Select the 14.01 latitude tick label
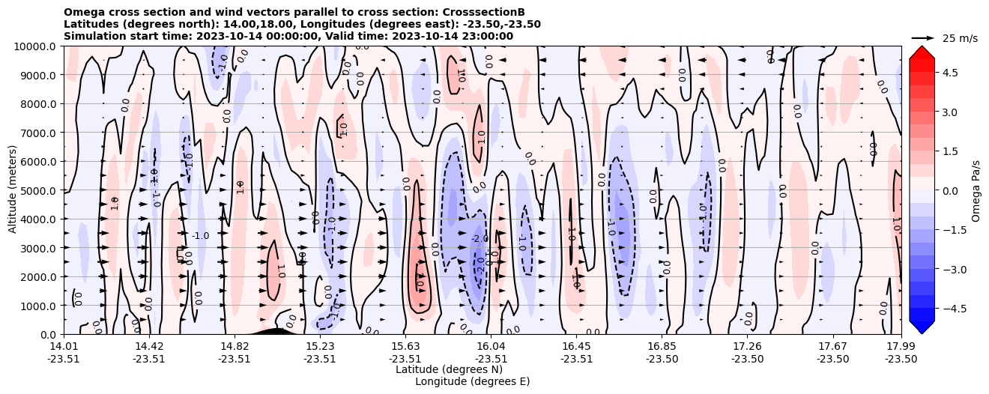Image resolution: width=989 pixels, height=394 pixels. pyautogui.click(x=64, y=346)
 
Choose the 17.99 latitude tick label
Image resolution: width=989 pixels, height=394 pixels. pyautogui.click(x=901, y=346)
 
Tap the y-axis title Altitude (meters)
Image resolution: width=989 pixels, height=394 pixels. pyautogui.click(x=13, y=190)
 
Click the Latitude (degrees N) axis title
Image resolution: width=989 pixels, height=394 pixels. pyautogui.click(x=449, y=369)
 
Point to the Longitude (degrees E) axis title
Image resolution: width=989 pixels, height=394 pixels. pyautogui.click(x=472, y=381)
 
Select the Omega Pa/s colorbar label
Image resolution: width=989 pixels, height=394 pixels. pyautogui.click(x=976, y=190)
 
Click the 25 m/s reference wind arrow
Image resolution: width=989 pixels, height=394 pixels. pyautogui.click(x=922, y=37)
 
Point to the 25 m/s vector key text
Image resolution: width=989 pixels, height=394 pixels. pyautogui.click(x=960, y=38)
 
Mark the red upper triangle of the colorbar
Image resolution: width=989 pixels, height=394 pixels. pyautogui.click(x=922, y=51)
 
